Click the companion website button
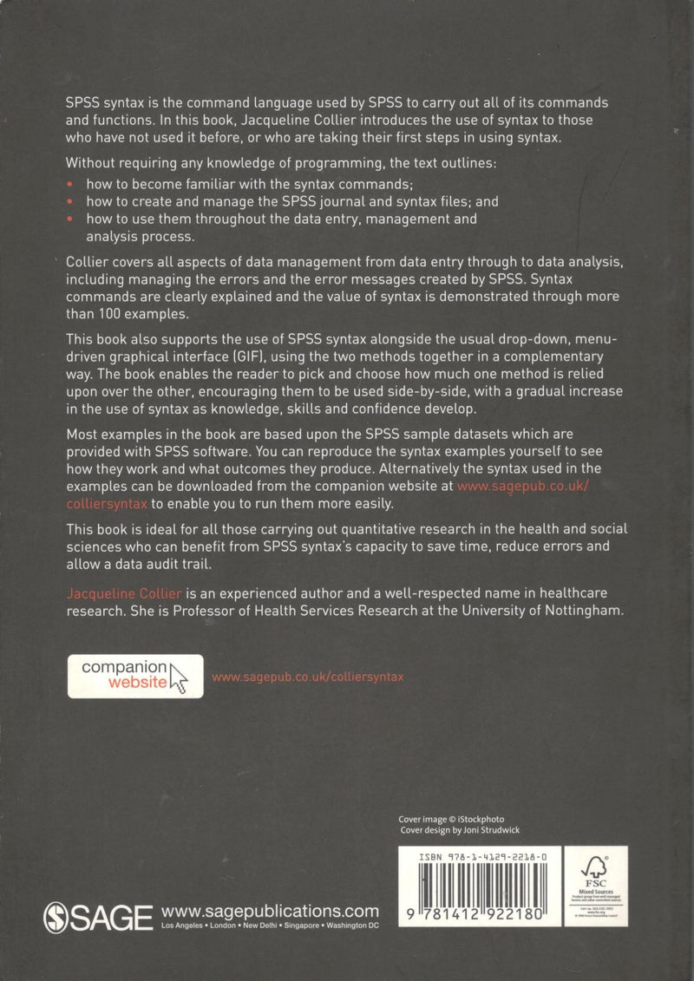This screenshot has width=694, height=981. point(135,677)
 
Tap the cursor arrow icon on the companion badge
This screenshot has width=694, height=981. point(180,677)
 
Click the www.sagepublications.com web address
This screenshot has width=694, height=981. point(271,911)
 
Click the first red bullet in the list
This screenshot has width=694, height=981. point(70,185)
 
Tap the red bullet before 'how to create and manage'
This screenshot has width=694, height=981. point(70,201)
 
